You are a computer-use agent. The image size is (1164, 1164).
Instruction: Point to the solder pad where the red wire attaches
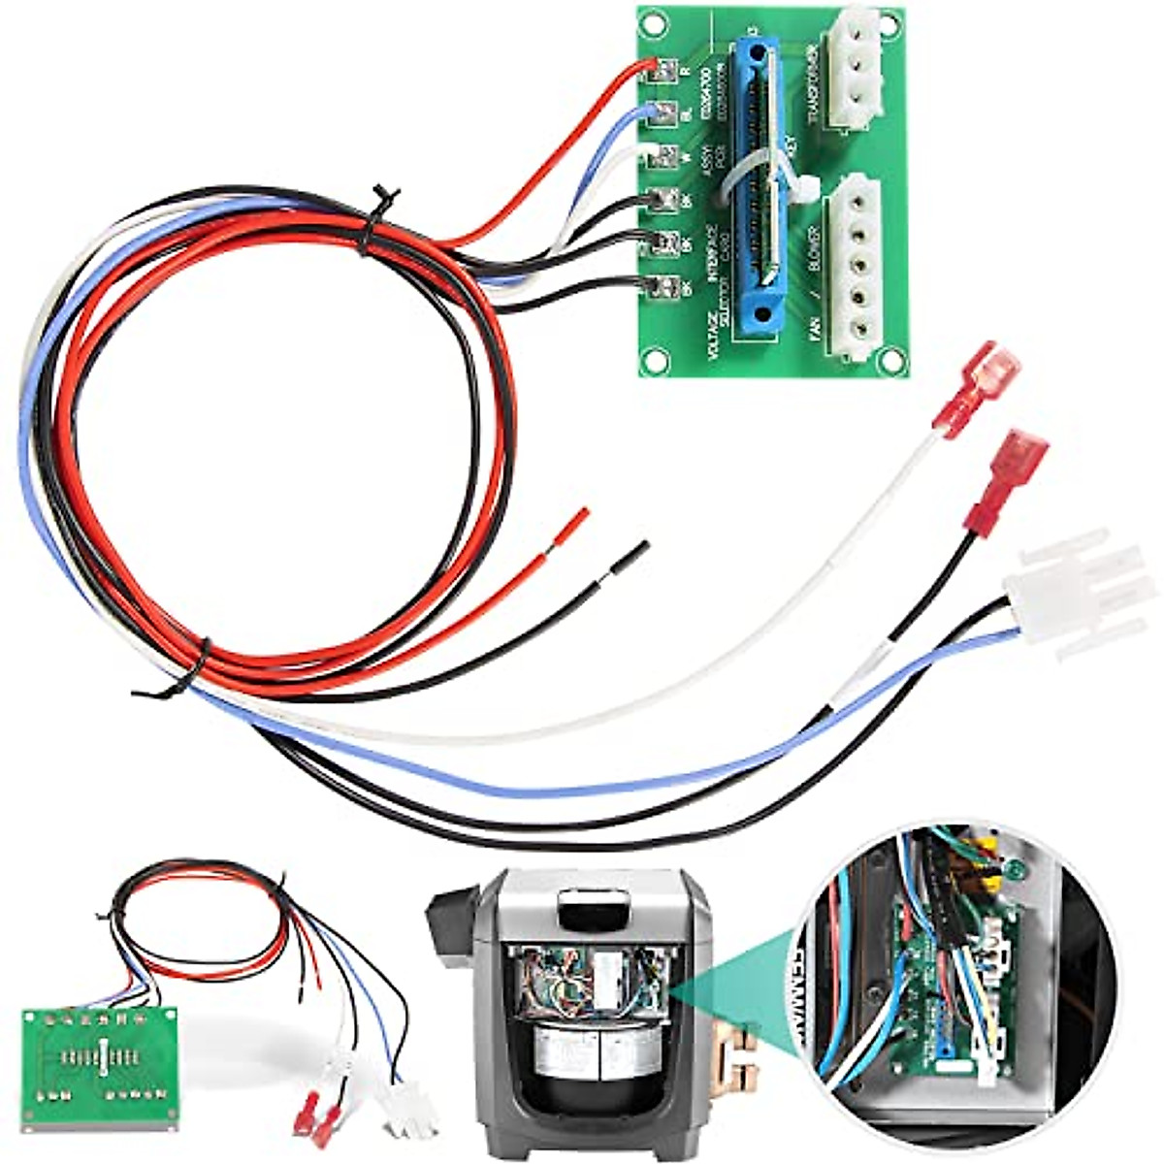tap(666, 69)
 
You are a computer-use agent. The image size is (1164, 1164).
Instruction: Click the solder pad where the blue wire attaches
tap(664, 112)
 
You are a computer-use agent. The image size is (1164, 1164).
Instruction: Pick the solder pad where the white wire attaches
tap(664, 154)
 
